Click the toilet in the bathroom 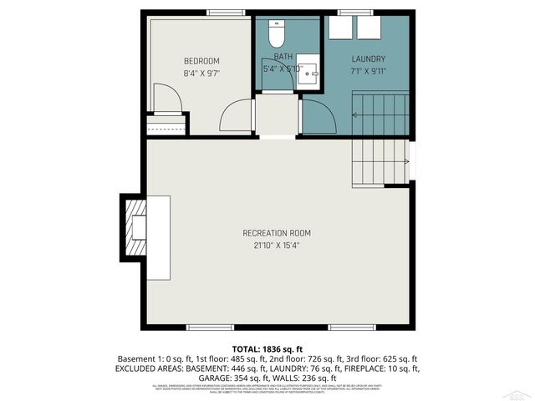pyautogui.click(x=277, y=34)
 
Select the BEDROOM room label pyautogui.click(x=201, y=61)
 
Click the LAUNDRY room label pyautogui.click(x=368, y=58)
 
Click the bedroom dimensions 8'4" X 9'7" pyautogui.click(x=201, y=73)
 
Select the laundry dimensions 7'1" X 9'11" pyautogui.click(x=368, y=70)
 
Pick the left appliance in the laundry pyautogui.click(x=339, y=27)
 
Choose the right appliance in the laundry pyautogui.click(x=369, y=27)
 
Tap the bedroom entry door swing pyautogui.click(x=237, y=117)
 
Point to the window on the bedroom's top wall pyautogui.click(x=221, y=13)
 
